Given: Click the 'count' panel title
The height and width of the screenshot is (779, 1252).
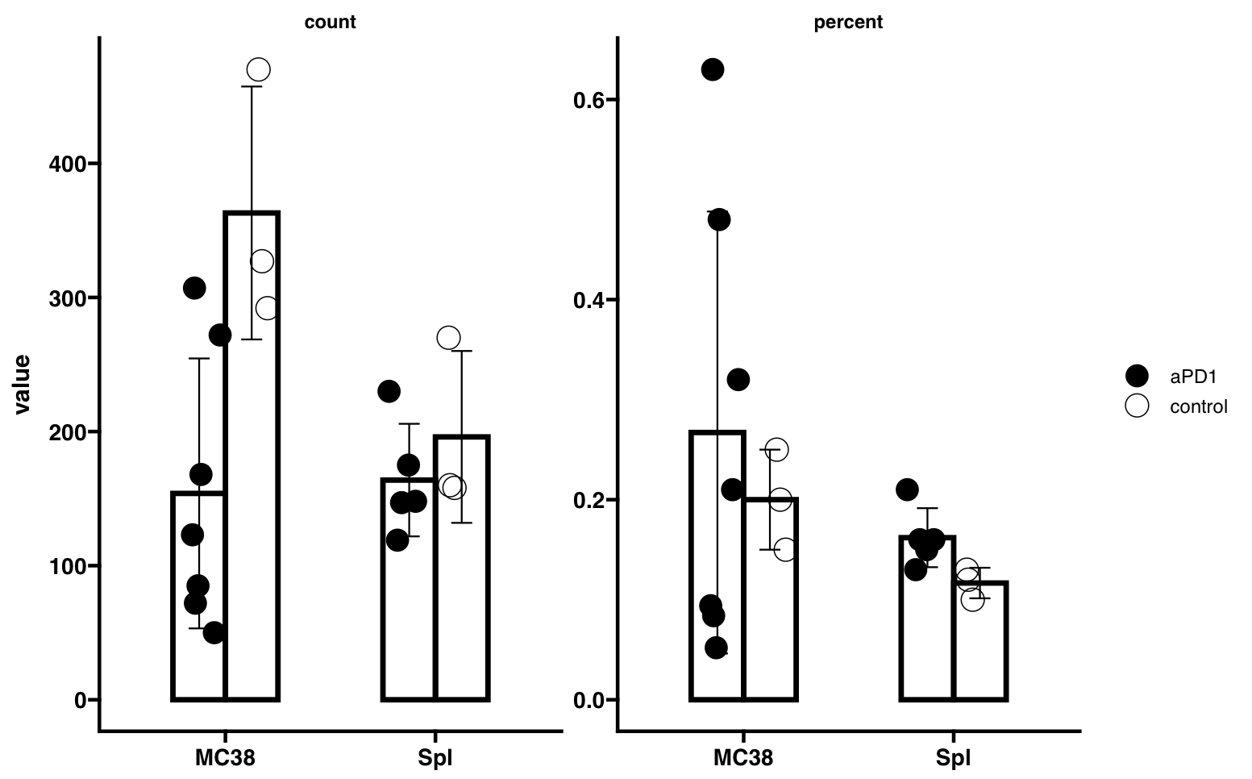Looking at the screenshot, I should [x=330, y=23].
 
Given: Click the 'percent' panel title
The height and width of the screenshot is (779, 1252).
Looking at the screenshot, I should [x=848, y=23].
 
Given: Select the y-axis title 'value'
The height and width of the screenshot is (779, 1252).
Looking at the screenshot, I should [x=22, y=384].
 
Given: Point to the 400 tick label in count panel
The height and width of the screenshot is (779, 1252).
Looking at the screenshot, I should [x=66, y=165].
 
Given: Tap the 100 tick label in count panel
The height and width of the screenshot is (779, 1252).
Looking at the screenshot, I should [x=66, y=566].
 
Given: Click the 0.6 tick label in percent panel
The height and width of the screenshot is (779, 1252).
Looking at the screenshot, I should [x=589, y=100].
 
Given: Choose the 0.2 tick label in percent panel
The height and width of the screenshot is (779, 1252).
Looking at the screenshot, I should [x=589, y=500].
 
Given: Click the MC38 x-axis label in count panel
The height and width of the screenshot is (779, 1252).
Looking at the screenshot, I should [x=225, y=758].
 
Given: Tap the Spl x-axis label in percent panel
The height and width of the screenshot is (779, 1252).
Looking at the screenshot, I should [x=953, y=758].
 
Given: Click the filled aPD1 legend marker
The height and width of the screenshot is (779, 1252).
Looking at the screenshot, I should [x=1137, y=376].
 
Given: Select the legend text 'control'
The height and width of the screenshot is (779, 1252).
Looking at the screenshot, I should [x=1198, y=406].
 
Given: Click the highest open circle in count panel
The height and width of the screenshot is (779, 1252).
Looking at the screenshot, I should [x=258, y=69].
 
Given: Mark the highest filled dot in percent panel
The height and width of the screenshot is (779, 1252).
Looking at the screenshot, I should [x=712, y=69].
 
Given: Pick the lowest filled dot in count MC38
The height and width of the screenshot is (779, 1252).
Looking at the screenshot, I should [x=214, y=632].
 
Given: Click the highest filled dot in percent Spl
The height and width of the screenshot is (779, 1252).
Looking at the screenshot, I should [x=907, y=489].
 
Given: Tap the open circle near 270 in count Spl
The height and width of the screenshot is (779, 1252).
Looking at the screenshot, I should [x=448, y=337].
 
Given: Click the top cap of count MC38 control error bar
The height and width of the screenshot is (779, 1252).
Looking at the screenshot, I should [x=252, y=86].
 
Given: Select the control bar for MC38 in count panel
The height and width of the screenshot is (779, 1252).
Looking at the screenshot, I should [x=252, y=484].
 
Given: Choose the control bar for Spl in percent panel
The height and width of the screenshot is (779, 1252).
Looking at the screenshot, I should [x=980, y=645].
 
